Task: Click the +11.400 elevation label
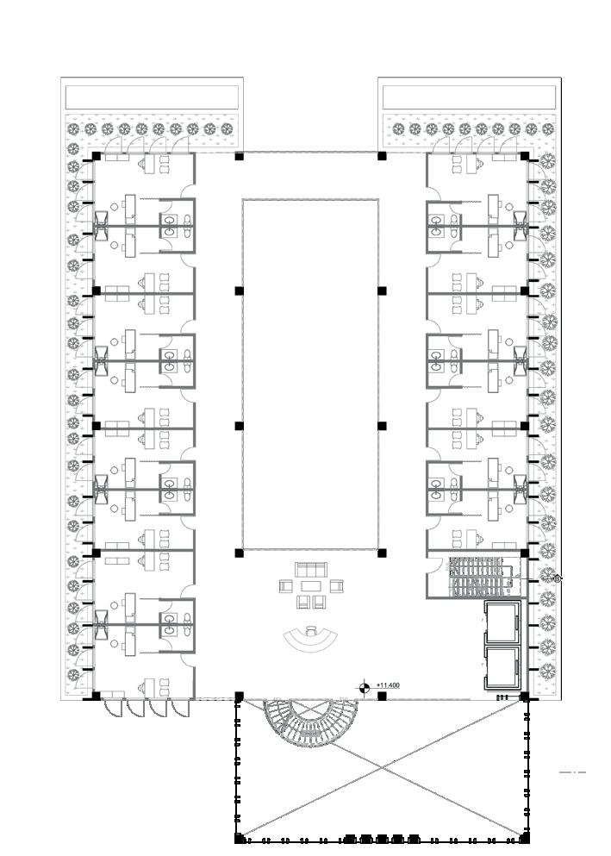tap(388, 685)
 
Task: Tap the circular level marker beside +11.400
tap(365, 687)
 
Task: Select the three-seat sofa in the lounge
tap(311, 569)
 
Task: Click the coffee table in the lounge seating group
tap(310, 586)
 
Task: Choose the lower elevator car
tap(501, 667)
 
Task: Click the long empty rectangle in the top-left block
tap(153, 97)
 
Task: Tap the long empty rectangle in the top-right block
tap(468, 97)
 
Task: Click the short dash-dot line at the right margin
tap(572, 772)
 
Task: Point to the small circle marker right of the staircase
tap(557, 578)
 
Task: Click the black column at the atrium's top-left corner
tap(240, 156)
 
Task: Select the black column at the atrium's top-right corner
tap(382, 156)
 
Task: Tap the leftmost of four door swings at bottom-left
tap(113, 708)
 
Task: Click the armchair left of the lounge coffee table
tap(287, 586)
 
